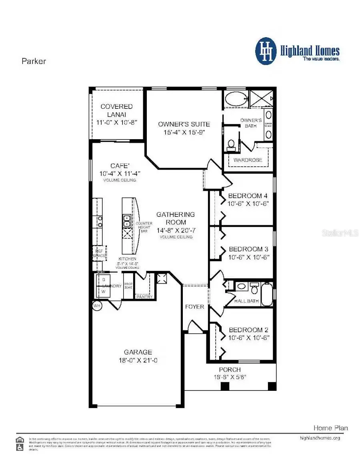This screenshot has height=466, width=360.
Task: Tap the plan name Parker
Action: point(33,61)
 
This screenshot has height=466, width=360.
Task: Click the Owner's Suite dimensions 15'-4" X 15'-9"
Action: point(184,132)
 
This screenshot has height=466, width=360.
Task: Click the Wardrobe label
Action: point(248,160)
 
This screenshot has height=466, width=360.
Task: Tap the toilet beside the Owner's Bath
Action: point(231,144)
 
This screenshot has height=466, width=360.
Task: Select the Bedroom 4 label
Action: point(248,196)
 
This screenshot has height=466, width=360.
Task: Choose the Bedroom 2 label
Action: point(248,330)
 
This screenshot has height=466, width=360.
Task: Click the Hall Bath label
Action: point(247,301)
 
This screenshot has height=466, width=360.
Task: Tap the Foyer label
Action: point(194,307)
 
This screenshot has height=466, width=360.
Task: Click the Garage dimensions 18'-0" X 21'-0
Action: point(138,360)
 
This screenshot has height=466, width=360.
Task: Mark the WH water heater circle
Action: point(97,306)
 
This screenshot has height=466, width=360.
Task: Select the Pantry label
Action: point(144,297)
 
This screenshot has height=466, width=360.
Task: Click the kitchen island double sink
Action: point(127,220)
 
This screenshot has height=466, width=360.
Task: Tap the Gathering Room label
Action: point(175,218)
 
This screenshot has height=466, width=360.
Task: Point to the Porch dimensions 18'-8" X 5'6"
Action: point(230,377)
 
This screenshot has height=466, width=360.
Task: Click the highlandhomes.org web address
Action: point(320,438)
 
